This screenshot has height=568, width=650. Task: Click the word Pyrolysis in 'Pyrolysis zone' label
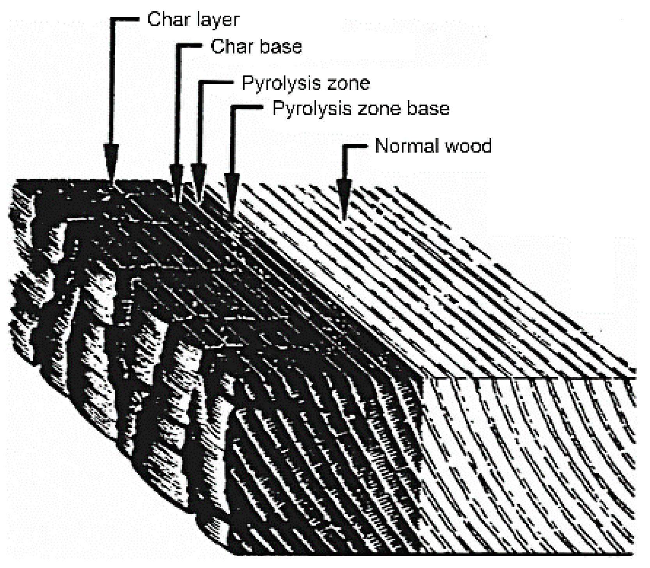[276, 83]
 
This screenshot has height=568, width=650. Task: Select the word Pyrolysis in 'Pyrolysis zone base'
[306, 108]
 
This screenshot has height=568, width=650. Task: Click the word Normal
[402, 146]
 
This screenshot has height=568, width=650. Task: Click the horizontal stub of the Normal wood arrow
[355, 147]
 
